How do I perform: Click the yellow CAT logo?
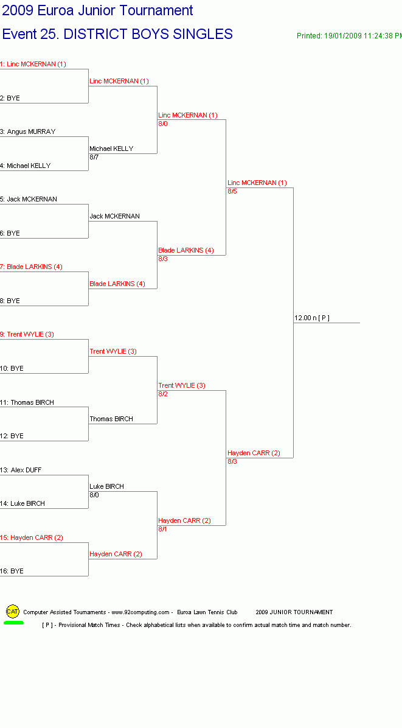pyautogui.click(x=13, y=612)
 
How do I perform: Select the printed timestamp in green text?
pyautogui.click(x=349, y=36)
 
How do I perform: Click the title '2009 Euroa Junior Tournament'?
pyautogui.click(x=97, y=10)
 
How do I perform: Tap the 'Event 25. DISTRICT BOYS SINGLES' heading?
pyautogui.click(x=117, y=34)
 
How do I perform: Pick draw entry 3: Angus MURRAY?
pyautogui.click(x=28, y=132)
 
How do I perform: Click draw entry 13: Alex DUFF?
pyautogui.click(x=21, y=470)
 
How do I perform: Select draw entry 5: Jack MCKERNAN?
pyautogui.click(x=29, y=199)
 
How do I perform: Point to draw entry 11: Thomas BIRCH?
pyautogui.click(x=27, y=402)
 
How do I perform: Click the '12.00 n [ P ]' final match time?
pyautogui.click(x=312, y=318)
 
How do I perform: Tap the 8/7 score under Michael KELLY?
pyautogui.click(x=94, y=158)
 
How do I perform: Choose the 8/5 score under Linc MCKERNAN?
pyautogui.click(x=232, y=191)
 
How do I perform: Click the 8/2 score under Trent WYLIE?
pyautogui.click(x=163, y=394)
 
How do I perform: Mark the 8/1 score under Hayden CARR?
pyautogui.click(x=163, y=530)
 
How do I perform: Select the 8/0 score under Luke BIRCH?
pyautogui.click(x=94, y=495)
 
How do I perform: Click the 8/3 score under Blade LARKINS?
pyautogui.click(x=163, y=259)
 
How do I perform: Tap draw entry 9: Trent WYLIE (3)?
pyautogui.click(x=27, y=334)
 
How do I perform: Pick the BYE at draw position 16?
pyautogui.click(x=12, y=571)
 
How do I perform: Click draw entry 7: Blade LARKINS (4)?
pyautogui.click(x=31, y=267)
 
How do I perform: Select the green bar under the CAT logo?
pyautogui.click(x=13, y=623)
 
